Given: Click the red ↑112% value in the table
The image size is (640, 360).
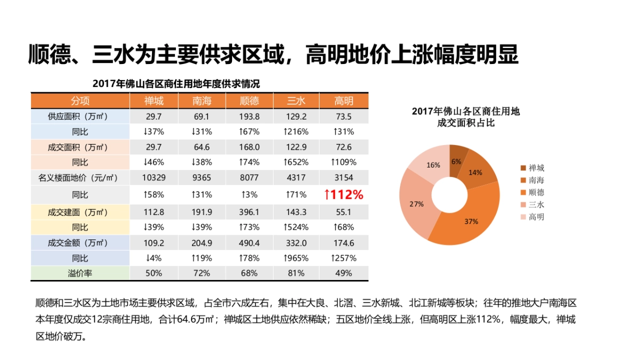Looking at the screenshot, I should tap(343, 195).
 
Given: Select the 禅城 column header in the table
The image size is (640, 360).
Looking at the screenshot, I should tap(154, 101).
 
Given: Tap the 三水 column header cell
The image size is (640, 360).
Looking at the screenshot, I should tap(296, 101).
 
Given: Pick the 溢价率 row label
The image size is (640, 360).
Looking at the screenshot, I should tap(80, 273).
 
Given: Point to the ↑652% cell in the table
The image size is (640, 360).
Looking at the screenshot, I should tap(296, 162).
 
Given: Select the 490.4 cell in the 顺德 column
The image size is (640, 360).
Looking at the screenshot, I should tap(250, 243).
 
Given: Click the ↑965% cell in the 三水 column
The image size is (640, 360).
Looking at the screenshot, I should tap(296, 258).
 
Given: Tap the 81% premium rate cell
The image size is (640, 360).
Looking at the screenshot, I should tap(296, 273).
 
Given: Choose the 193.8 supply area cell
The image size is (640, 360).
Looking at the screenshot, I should tap(250, 116).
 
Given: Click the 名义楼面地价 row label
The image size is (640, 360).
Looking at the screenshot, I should tap(80, 177).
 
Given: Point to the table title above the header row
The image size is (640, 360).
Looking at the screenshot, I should tap(177, 84).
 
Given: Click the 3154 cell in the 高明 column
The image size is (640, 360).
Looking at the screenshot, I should tap(343, 177).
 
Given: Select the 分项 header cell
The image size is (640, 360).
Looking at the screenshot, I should tap(80, 101).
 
